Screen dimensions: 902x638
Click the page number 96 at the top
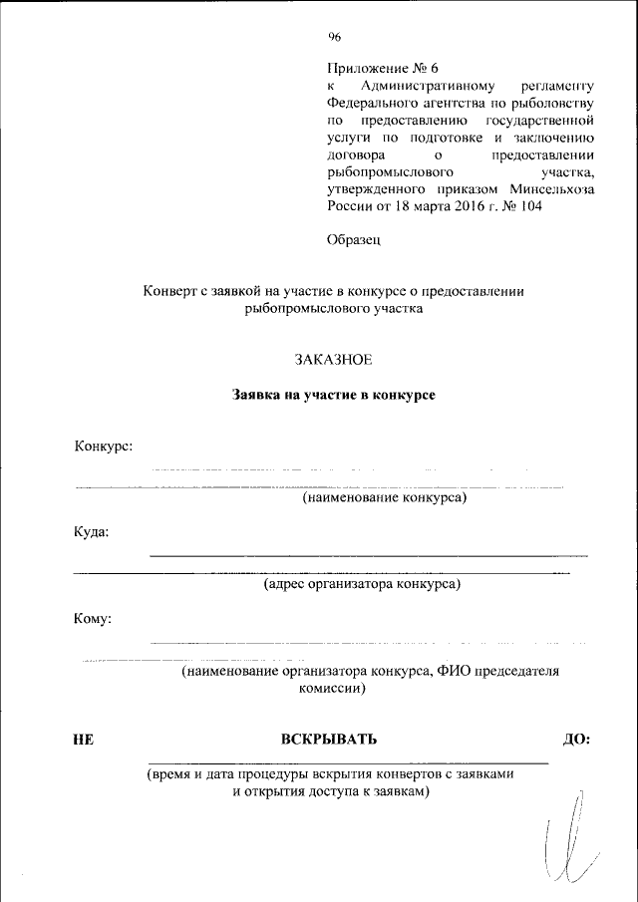coord(334,37)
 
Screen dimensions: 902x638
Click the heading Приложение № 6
coord(383,69)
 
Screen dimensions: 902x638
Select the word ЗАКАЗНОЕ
coord(333,358)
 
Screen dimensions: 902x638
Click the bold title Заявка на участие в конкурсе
coord(334,395)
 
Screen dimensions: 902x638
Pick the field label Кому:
coord(93,618)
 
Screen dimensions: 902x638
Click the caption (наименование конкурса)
coord(385,496)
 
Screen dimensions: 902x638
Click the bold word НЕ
coord(84,740)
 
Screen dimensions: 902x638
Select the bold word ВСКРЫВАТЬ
coord(329,740)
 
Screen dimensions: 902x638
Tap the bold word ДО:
coord(577,740)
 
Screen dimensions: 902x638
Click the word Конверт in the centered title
coord(172,291)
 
